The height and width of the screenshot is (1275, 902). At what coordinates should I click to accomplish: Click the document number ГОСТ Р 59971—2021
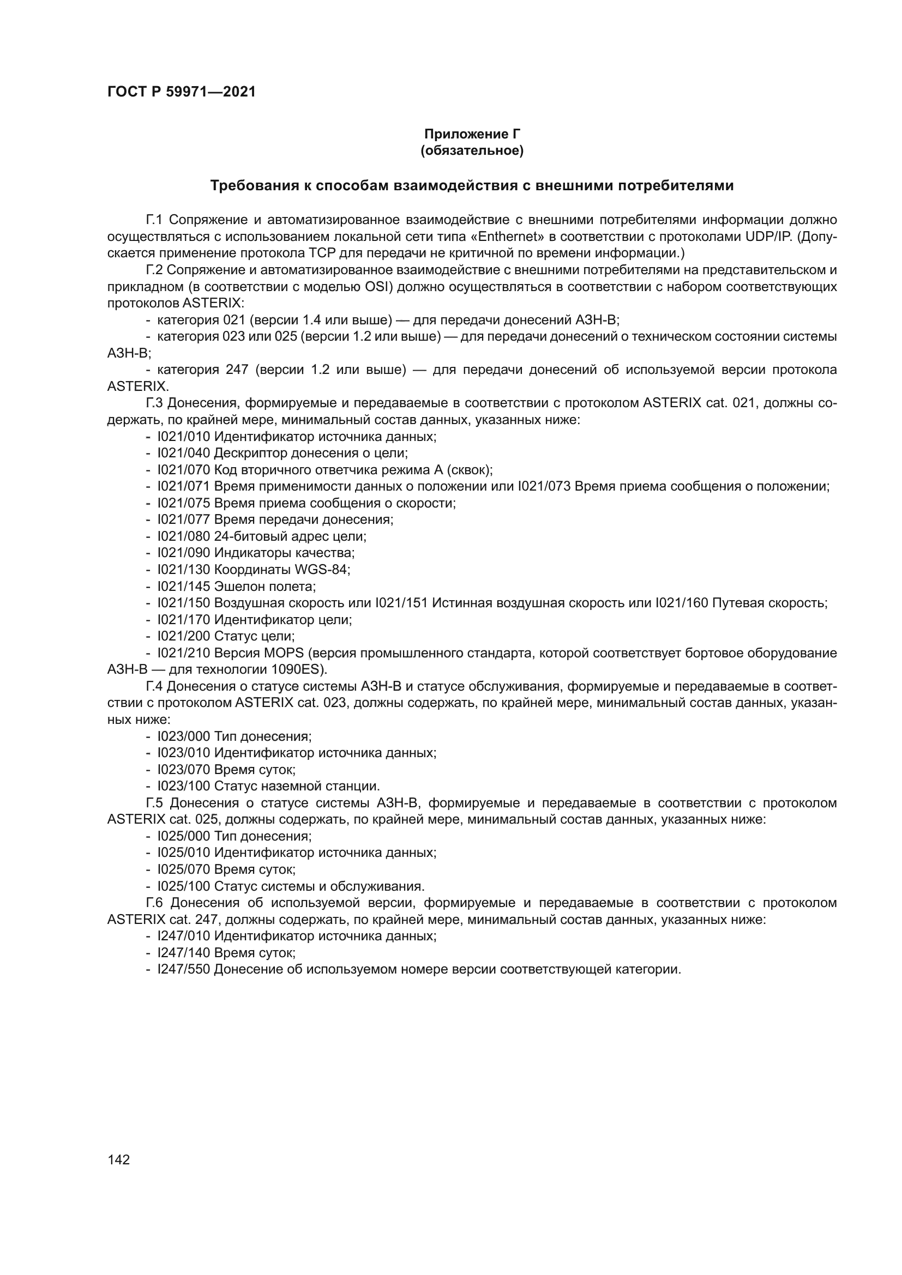point(181,92)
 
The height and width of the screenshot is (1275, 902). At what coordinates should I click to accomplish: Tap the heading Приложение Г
point(472,134)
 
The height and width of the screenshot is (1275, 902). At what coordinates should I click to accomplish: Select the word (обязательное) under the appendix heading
point(472,150)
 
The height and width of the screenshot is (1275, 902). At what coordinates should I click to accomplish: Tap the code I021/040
point(184,453)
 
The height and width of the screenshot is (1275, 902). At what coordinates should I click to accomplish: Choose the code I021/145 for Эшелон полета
point(184,587)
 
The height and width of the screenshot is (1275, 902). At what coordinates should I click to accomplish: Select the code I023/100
point(184,787)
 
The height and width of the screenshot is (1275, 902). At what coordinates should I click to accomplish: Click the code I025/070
point(184,869)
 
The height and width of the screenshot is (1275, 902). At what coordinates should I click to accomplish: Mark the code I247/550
point(184,970)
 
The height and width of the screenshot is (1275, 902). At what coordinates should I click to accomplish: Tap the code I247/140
point(184,953)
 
